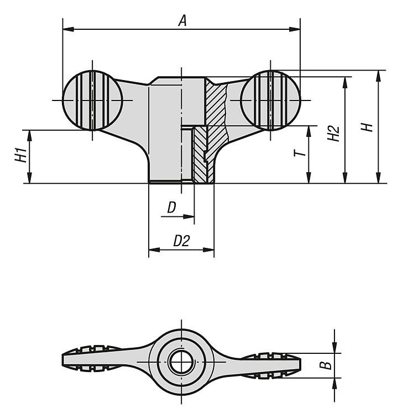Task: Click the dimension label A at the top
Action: (182, 21)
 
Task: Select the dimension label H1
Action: (21, 155)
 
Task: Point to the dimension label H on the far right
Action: (367, 128)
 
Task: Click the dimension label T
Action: (300, 152)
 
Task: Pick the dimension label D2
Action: (181, 241)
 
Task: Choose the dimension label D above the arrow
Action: (171, 208)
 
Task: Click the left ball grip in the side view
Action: (92, 100)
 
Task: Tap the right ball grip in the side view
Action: (270, 100)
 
